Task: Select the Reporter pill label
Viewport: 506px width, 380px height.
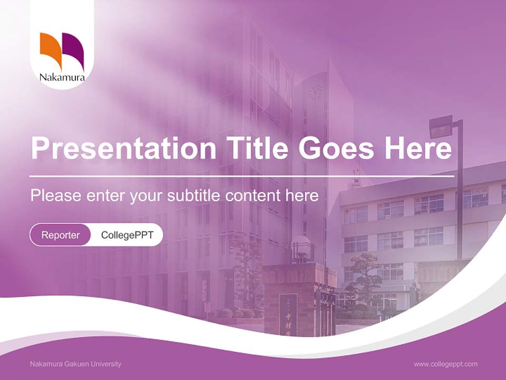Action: (61, 235)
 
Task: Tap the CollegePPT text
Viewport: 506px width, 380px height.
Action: (127, 235)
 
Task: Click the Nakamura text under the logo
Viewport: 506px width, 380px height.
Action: (62, 78)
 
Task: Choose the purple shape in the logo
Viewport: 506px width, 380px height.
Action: (74, 49)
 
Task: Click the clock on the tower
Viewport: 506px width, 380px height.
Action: (315, 92)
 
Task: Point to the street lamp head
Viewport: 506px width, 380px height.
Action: (441, 127)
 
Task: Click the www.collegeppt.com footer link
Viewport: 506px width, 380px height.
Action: (445, 364)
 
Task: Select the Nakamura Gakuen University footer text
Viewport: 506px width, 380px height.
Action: (76, 364)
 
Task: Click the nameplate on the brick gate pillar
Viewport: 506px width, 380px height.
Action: (288, 314)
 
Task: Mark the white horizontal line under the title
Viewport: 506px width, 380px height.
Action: (242, 176)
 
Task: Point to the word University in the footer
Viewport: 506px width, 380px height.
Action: (106, 364)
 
